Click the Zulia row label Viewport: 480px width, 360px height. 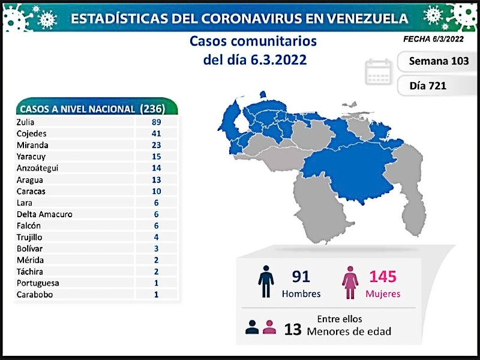28,122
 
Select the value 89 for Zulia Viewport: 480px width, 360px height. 157,122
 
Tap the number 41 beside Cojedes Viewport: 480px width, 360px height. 157,133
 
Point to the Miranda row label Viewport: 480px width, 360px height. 33,145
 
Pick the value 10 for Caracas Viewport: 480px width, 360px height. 157,191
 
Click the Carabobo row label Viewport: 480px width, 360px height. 35,295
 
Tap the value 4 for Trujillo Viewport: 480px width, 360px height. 157,237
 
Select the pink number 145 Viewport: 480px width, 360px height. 383,277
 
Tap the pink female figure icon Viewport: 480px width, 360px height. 350,281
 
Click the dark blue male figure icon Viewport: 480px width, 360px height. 266,281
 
